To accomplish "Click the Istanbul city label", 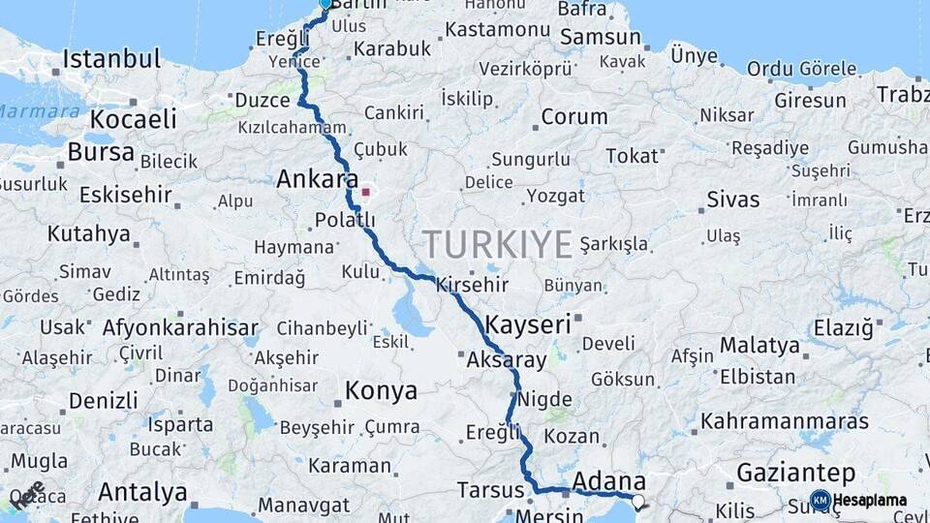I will (x=111, y=59).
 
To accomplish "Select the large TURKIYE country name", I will (x=497, y=244).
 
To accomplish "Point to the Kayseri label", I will (x=528, y=323).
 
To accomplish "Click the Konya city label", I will (x=382, y=391).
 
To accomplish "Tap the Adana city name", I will (x=609, y=481).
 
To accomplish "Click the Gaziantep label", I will (x=796, y=474).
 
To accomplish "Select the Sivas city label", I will (x=732, y=200).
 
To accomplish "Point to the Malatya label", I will (x=759, y=346).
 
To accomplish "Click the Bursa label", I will (x=101, y=153).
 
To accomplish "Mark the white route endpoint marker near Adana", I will (x=637, y=501).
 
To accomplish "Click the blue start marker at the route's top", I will (x=325, y=4).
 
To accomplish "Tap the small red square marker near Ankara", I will (x=365, y=192).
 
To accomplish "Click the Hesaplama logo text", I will (x=870, y=501).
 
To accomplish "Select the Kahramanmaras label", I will (x=785, y=422).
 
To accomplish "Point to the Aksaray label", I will (x=506, y=359).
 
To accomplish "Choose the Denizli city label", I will (x=104, y=400).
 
